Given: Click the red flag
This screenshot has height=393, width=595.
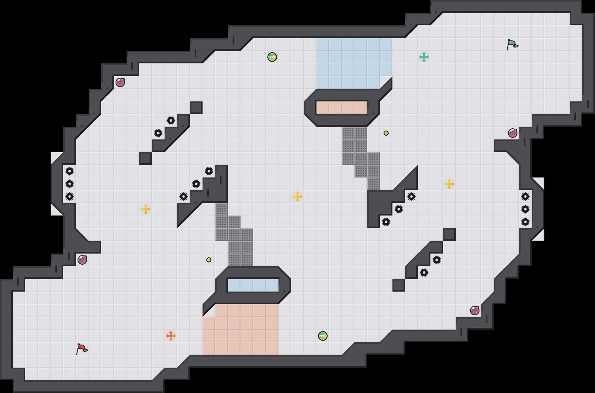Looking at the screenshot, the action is (x=82, y=349).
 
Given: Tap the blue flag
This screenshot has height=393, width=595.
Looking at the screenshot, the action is (x=512, y=44).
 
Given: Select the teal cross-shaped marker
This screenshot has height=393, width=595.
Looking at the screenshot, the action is (x=424, y=57).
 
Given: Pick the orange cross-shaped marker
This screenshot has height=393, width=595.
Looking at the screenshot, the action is (x=171, y=336).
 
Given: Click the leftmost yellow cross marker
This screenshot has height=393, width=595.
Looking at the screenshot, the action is (x=146, y=209).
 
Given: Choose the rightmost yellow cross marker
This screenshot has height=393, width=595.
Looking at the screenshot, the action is (x=449, y=184).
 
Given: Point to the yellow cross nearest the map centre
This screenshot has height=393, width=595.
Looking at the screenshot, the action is (x=297, y=196).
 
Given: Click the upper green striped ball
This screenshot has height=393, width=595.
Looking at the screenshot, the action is (x=272, y=57).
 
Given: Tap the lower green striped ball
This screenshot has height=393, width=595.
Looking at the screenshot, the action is (x=323, y=336).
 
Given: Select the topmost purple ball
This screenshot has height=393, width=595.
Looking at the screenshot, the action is (x=120, y=82).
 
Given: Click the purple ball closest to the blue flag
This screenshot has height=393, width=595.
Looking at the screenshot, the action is (x=513, y=133).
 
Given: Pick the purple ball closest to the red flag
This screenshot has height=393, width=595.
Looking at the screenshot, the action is (x=82, y=260).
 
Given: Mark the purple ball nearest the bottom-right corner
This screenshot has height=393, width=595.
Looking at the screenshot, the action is (x=475, y=311).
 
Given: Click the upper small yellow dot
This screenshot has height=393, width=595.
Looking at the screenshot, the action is (x=386, y=133).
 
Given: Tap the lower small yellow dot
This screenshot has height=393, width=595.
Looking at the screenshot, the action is (x=209, y=260).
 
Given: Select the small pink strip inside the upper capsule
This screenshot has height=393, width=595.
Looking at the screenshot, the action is (x=342, y=108).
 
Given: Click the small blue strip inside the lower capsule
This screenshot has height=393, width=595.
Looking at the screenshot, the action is (x=253, y=285).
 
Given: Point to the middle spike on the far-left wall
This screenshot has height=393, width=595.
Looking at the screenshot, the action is (x=70, y=184).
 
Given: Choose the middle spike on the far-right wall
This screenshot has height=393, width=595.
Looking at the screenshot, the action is (x=525, y=209).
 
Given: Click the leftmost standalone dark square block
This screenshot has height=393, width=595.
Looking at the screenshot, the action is (x=146, y=158).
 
